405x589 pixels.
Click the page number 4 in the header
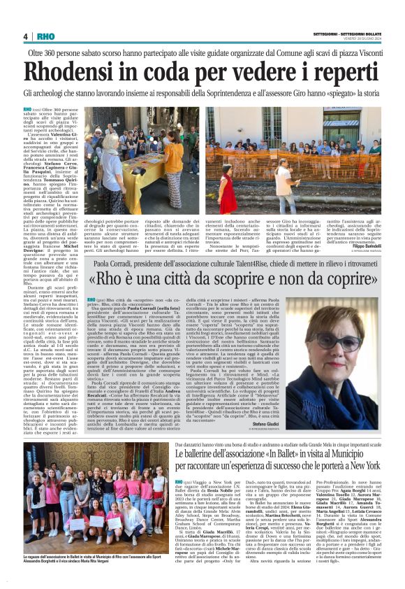click(25, 36)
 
